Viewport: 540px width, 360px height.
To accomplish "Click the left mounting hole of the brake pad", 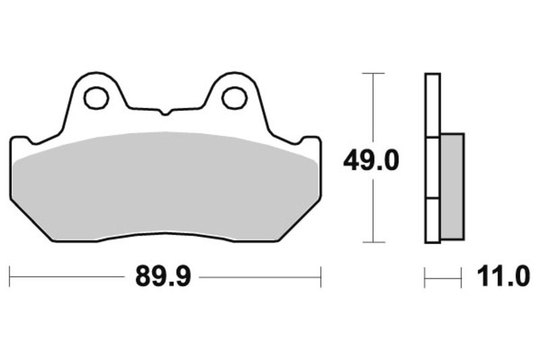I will point(96,98).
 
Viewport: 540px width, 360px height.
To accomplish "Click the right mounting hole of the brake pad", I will point(234,98).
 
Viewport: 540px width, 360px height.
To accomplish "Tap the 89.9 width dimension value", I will point(164,276).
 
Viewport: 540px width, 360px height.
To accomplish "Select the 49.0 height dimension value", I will point(371,160).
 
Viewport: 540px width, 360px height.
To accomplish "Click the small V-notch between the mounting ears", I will point(164,111).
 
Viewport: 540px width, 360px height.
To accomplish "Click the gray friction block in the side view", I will point(452,186).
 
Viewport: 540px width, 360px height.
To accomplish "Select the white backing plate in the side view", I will point(432,159).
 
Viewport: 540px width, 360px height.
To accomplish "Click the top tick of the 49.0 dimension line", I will point(373,73).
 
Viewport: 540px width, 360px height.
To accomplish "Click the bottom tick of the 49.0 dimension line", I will point(373,242).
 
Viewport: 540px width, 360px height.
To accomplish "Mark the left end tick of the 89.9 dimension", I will point(10,276).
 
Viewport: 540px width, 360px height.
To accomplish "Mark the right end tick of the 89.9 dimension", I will point(320,276).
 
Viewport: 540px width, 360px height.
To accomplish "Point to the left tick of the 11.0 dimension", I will point(425,276).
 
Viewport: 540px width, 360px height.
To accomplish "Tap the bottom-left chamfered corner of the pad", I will point(30,220).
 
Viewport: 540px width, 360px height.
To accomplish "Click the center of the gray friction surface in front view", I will point(165,186).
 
